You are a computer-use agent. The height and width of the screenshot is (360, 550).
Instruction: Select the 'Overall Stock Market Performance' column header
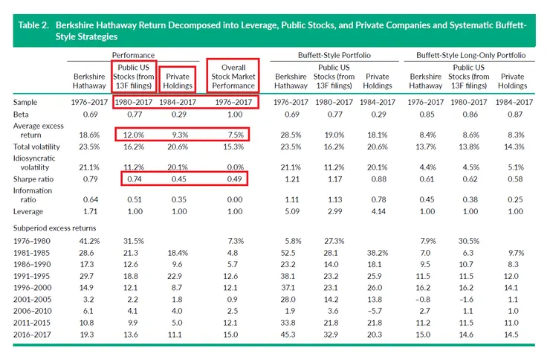click(233, 77)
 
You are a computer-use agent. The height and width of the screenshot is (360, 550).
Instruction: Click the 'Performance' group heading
click(134, 56)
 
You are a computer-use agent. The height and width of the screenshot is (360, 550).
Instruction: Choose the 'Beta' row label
click(22, 115)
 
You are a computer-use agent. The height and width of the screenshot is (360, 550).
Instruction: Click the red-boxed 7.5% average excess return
click(233, 134)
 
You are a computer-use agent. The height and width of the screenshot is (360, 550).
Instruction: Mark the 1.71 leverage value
click(89, 212)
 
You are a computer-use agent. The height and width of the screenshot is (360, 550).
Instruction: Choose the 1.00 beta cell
click(233, 115)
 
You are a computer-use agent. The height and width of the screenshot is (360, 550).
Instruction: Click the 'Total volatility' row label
click(36, 147)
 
